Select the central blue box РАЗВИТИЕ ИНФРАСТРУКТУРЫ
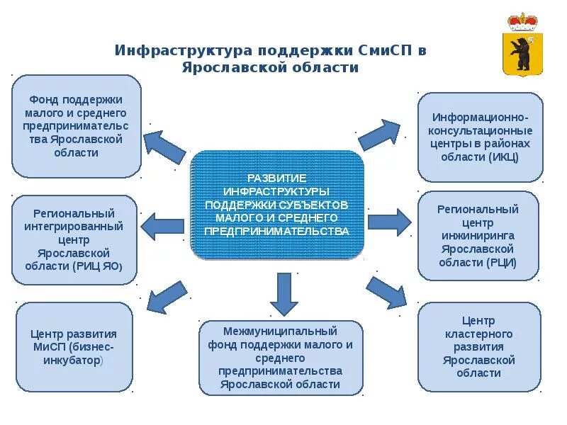pos(277,204)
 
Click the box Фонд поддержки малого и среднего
pos(77,126)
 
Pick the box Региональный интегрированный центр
pos(74,239)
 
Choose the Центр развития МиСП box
pos(74,347)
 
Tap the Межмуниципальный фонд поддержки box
pos(281,358)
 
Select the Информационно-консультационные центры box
pos(480,136)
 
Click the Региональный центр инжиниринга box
pos(478,236)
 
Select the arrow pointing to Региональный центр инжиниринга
pos(389,222)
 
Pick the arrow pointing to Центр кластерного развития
pos(387,291)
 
